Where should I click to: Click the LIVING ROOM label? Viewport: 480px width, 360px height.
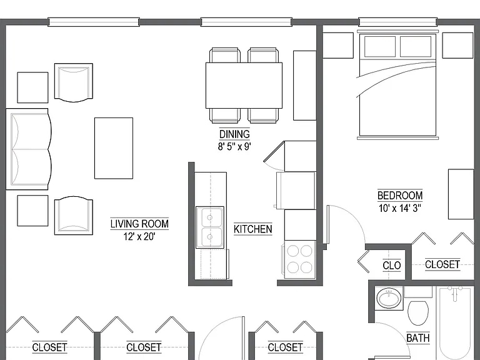coord(139,224)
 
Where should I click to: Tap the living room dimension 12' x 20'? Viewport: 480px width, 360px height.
coord(139,237)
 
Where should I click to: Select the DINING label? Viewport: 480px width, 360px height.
coord(234,134)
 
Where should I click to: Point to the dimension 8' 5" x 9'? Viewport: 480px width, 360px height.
coord(234,147)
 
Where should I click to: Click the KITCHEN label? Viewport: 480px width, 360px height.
coord(253,229)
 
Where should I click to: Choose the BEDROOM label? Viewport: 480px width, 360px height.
coord(400,195)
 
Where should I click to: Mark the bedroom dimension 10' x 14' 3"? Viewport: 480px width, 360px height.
coord(400,209)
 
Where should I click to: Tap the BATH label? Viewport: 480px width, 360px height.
coord(418,338)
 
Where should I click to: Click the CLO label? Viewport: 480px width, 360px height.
coord(391,265)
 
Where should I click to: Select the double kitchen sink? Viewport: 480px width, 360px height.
coord(210,227)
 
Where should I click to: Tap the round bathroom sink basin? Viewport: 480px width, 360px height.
coord(389,297)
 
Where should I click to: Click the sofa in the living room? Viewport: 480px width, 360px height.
coord(29,149)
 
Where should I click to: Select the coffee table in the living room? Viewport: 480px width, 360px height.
coord(114,148)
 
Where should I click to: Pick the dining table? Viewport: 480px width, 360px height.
coord(244,86)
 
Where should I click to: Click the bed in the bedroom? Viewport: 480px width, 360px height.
coord(397,85)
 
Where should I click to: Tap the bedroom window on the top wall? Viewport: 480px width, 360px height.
coord(397,22)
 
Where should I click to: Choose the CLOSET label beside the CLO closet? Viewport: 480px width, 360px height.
coord(442,264)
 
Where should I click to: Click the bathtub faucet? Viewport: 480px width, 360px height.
coord(455,290)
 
